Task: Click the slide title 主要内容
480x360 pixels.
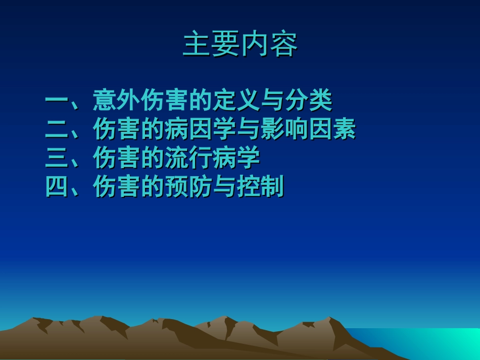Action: click(x=240, y=44)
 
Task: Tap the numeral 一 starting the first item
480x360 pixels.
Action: click(x=57, y=100)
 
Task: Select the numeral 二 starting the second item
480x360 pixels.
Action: click(x=57, y=129)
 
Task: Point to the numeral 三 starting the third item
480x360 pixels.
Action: click(x=57, y=158)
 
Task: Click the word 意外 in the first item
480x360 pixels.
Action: click(x=117, y=100)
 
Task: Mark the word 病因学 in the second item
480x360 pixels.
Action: click(x=200, y=129)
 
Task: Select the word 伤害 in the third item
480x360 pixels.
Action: click(x=117, y=158)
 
